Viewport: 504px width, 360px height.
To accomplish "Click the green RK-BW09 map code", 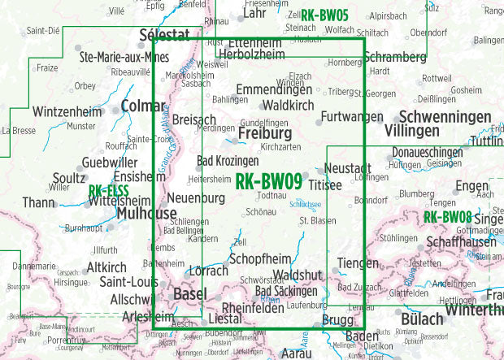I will tap(268, 184).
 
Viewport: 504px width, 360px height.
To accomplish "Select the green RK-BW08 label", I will tap(447, 217).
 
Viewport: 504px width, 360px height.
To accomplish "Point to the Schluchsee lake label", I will tap(306, 206).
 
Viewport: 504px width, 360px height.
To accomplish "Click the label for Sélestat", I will tap(164, 35).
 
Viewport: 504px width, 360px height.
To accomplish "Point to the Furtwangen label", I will tap(351, 117).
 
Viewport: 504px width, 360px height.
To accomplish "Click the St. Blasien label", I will tap(318, 220).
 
